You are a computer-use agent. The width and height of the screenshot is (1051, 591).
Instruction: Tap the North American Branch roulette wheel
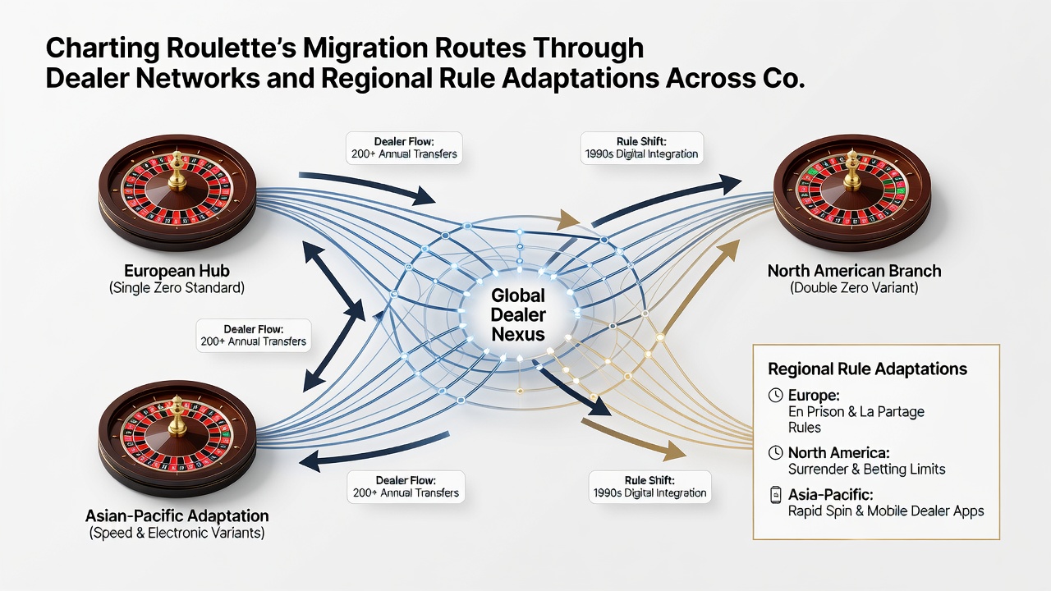click(852, 193)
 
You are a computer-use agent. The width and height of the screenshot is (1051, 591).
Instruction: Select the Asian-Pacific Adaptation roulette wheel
click(177, 439)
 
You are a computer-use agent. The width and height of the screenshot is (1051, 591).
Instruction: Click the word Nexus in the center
click(518, 334)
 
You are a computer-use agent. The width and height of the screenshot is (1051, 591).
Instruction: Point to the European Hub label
click(177, 271)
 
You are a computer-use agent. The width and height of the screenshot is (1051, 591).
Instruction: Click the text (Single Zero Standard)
click(177, 287)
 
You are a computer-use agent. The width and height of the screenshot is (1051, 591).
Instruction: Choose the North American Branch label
click(855, 271)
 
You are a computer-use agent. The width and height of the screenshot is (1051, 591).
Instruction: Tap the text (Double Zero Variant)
click(855, 287)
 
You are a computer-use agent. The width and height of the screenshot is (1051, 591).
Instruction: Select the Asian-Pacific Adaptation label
click(177, 516)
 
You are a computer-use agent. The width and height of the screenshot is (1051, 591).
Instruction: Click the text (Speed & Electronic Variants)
click(177, 534)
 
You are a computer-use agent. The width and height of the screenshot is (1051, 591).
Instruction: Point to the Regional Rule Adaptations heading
click(868, 369)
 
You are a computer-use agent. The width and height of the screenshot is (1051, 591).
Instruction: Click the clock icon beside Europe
click(776, 395)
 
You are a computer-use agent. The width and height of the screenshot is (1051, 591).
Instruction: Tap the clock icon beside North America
click(776, 452)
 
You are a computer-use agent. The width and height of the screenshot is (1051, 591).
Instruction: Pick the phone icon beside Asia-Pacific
click(776, 495)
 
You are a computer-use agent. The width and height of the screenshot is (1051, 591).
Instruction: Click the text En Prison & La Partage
click(856, 412)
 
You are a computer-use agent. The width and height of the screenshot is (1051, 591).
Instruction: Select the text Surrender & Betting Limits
click(866, 469)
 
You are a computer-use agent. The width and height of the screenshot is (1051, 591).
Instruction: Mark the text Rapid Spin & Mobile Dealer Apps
click(886, 511)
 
